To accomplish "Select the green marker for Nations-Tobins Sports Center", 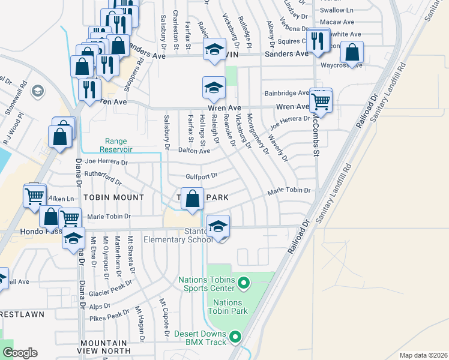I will click(244, 281).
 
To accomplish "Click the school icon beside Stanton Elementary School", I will click(218, 227).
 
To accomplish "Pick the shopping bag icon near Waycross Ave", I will click(352, 53).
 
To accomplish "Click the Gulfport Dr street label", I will click(200, 176).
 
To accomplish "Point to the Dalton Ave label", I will click(194, 151).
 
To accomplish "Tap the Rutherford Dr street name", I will click(103, 178).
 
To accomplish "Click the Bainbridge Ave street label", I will click(287, 93).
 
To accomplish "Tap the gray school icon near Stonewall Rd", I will click(37, 91).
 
